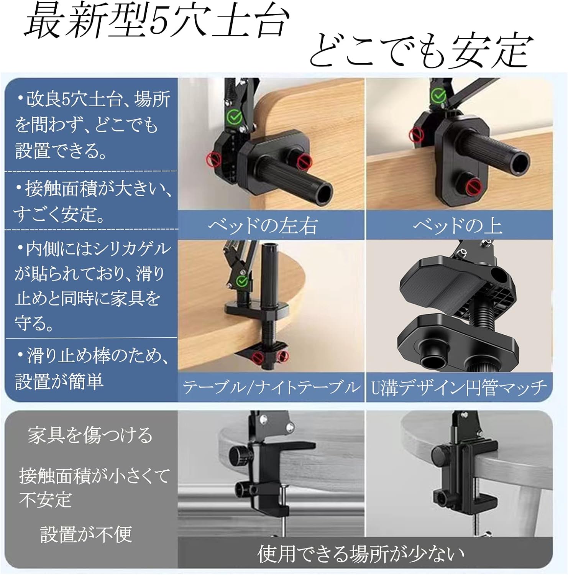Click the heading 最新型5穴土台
pyautogui.click(x=156, y=22)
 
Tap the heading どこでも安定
pyautogui.click(x=421, y=51)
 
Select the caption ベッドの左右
pyautogui.click(x=263, y=225)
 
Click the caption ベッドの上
pyautogui.click(x=458, y=225)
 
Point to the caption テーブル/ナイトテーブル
pyautogui.click(x=271, y=387)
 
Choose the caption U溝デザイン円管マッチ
pyautogui.click(x=459, y=387)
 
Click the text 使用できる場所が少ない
pyautogui.click(x=361, y=553)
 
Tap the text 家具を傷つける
pyautogui.click(x=90, y=435)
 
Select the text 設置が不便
pyautogui.click(x=86, y=534)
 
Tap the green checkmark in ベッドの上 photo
pyautogui.click(x=438, y=96)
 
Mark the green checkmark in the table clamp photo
pyautogui.click(x=242, y=282)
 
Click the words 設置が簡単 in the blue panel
pyautogui.click(x=59, y=381)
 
